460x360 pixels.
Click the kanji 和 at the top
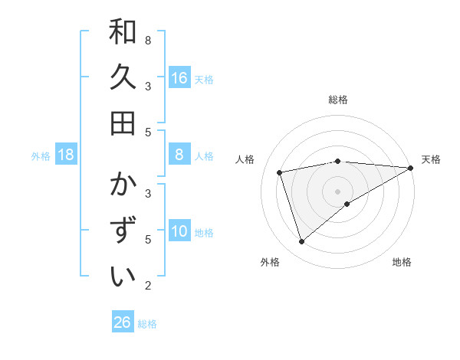(x=123, y=32)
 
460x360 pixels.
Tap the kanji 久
(x=123, y=78)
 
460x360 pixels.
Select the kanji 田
(x=123, y=123)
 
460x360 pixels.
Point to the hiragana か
(x=123, y=185)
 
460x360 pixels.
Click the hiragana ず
(x=123, y=231)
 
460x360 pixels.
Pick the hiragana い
(x=123, y=277)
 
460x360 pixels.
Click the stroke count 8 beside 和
(x=148, y=40)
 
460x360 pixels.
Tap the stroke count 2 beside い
(x=148, y=286)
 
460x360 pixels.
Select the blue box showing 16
(x=179, y=77)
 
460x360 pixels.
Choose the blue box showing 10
(x=179, y=231)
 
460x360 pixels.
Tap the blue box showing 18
(x=66, y=155)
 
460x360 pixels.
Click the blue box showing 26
(x=123, y=322)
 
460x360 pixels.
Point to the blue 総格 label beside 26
(x=147, y=324)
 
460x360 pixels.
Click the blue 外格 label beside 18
(x=41, y=156)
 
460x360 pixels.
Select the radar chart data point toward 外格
(x=301, y=242)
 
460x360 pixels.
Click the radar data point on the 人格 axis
(x=281, y=172)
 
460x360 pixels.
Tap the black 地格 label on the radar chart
(x=402, y=263)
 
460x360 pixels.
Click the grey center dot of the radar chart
(x=338, y=191)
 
